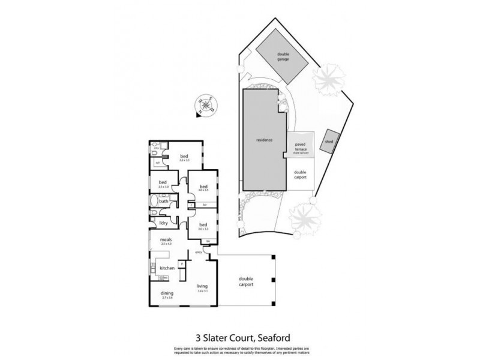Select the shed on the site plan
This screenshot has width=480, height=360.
coord(329,141)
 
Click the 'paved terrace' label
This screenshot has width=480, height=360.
coord(300,146)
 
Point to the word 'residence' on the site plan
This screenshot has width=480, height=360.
coord(265,140)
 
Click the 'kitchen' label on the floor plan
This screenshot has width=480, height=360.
coord(167,268)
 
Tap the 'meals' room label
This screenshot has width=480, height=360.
coord(166,239)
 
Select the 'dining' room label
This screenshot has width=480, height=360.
coord(166,293)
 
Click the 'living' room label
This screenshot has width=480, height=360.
coord(202,286)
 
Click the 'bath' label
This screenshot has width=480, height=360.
coord(163,201)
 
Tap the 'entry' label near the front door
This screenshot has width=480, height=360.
coord(199,252)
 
